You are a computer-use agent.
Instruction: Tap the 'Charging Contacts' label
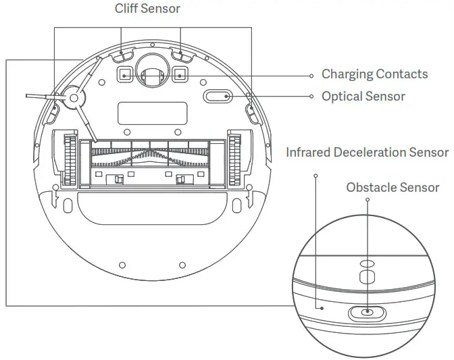pyautogui.click(x=374, y=74)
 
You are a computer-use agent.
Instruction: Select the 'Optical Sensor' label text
pyautogui.click(x=363, y=96)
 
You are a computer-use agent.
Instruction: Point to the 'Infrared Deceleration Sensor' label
pyautogui.click(x=367, y=152)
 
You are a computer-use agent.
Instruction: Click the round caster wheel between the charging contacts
pyautogui.click(x=152, y=70)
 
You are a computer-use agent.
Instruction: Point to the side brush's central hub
pyautogui.click(x=72, y=99)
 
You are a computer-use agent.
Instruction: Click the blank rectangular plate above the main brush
pyautogui.click(x=151, y=113)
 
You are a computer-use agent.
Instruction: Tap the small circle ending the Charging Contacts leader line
pyautogui.click(x=311, y=75)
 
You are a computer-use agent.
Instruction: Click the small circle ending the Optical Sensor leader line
pyautogui.click(x=311, y=97)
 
